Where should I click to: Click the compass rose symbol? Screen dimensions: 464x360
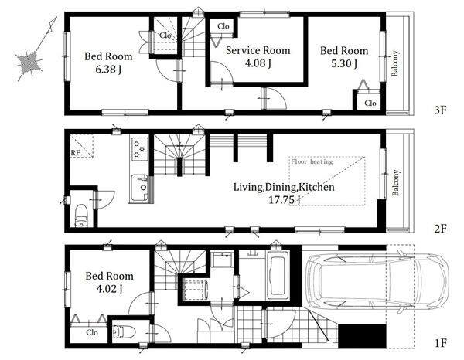pyautogui.click(x=29, y=62)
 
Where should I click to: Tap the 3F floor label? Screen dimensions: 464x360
pyautogui.click(x=440, y=110)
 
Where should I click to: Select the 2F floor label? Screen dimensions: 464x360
pyautogui.click(x=440, y=229)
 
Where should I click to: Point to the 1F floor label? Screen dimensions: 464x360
pyautogui.click(x=440, y=343)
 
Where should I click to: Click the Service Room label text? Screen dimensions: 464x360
pyautogui.click(x=258, y=50)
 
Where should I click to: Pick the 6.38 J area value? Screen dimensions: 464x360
pyautogui.click(x=108, y=70)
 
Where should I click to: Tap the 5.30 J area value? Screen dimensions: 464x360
pyautogui.click(x=344, y=63)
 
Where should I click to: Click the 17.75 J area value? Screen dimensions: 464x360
pyautogui.click(x=284, y=200)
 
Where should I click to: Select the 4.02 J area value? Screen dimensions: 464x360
pyautogui.click(x=109, y=289)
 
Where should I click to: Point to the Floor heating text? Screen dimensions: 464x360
pyautogui.click(x=312, y=161)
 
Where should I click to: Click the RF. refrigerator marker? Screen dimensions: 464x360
pyautogui.click(x=76, y=153)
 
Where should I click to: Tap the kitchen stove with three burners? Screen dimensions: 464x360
pyautogui.click(x=140, y=148)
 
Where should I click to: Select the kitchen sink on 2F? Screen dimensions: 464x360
pyautogui.click(x=140, y=188)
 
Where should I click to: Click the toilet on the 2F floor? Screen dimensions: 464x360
pyautogui.click(x=81, y=216)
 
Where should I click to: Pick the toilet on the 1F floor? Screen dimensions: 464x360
pyautogui.click(x=124, y=331)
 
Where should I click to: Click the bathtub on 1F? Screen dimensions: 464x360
pyautogui.click(x=278, y=275)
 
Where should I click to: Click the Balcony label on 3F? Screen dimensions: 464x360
pyautogui.click(x=394, y=63)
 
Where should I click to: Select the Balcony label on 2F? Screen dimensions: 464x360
pyautogui.click(x=395, y=182)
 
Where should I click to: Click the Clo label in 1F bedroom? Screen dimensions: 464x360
pyautogui.click(x=92, y=332)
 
